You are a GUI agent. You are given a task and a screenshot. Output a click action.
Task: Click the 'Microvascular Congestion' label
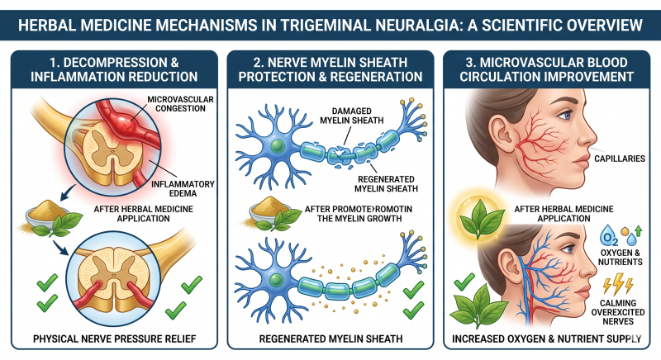(x=180, y=103)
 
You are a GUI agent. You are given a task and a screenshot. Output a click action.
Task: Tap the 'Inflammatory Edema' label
(x=183, y=188)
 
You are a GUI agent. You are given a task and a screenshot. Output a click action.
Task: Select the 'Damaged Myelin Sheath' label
(x=352, y=116)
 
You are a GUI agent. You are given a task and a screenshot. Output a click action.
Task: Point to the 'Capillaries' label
(x=619, y=159)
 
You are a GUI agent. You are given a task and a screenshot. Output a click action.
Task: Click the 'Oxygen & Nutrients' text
(x=620, y=258)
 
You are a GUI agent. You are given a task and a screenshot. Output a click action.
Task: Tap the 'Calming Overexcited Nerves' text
(x=618, y=312)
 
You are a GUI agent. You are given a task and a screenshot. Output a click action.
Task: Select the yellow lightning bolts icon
(x=618, y=284)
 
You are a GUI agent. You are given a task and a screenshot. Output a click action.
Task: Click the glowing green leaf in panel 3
(x=481, y=218)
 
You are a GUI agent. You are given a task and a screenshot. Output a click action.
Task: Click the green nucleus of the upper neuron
(x=277, y=145)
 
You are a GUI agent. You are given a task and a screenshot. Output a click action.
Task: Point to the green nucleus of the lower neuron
(x=276, y=280)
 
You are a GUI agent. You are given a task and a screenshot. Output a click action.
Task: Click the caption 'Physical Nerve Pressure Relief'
(x=115, y=339)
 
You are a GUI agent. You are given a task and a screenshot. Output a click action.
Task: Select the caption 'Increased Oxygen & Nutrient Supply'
(x=547, y=339)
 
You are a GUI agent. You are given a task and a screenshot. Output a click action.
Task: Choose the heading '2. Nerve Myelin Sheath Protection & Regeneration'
(x=330, y=69)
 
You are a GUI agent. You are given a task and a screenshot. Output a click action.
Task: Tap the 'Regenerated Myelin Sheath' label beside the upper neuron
(x=386, y=184)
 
